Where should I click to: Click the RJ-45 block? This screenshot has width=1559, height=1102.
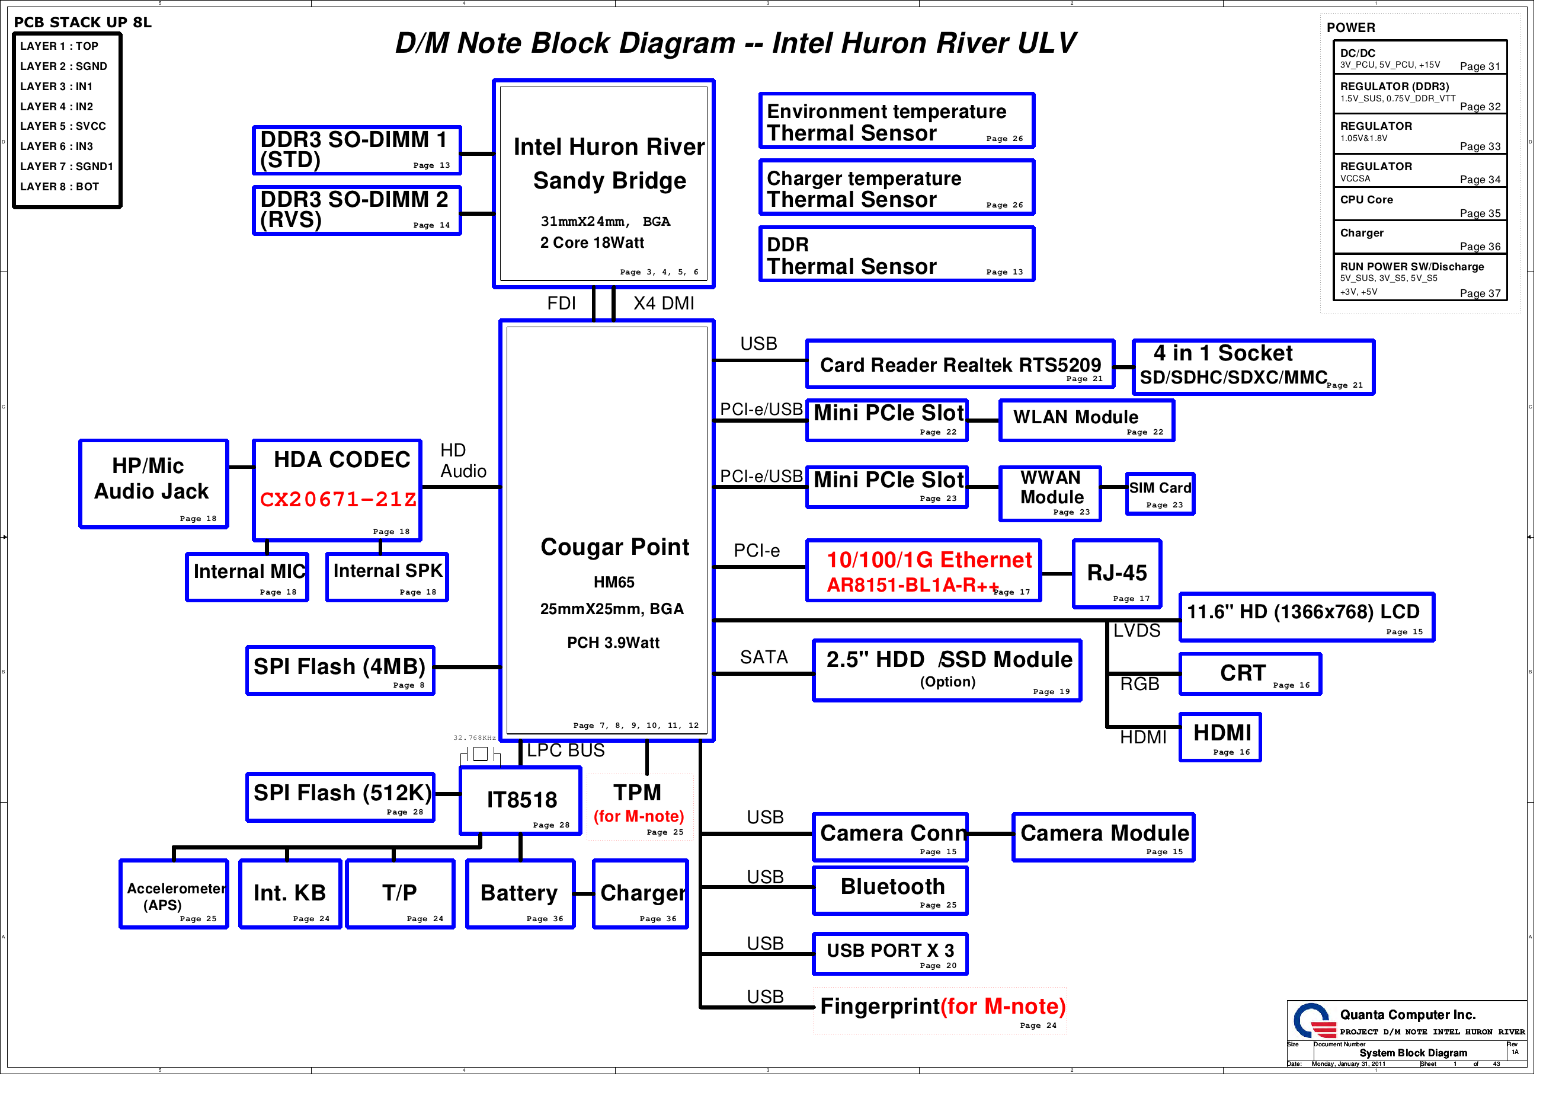click(x=1116, y=573)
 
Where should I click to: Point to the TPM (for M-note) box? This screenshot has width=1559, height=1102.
click(x=639, y=806)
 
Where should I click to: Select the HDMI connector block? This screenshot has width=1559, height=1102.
click(x=1220, y=736)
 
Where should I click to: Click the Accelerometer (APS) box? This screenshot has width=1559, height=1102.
click(x=174, y=894)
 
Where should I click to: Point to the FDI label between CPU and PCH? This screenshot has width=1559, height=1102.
click(x=561, y=303)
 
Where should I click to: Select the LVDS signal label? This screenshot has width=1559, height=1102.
click(x=1136, y=631)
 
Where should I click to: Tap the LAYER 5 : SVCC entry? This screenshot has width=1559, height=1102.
click(x=63, y=126)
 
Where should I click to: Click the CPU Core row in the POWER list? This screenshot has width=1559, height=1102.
click(x=1419, y=205)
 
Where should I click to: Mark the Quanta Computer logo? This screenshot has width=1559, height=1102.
click(x=1312, y=1020)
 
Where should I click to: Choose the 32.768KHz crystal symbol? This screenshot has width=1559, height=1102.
click(x=480, y=753)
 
